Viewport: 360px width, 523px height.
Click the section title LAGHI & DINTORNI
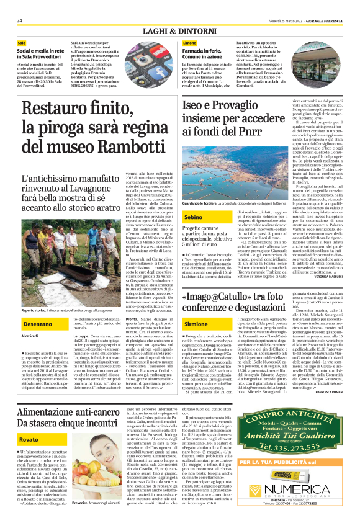point(180,31)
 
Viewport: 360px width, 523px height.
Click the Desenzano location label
point(38,324)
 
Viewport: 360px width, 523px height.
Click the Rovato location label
point(29,439)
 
